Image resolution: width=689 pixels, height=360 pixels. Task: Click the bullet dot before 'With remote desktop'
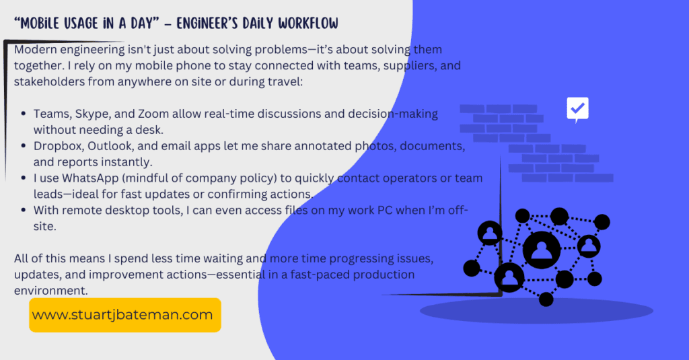24,211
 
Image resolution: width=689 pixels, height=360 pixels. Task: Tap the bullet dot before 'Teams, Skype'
24,114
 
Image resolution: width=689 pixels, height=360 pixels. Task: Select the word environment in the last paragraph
50,291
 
